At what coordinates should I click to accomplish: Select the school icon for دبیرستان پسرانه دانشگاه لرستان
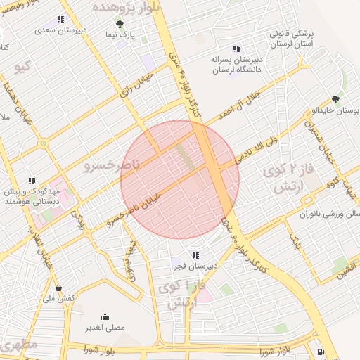click(236, 49)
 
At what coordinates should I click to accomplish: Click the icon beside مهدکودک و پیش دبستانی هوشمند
click(31, 181)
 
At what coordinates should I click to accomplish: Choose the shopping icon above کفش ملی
click(58, 288)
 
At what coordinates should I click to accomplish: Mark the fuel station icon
click(321, 351)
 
